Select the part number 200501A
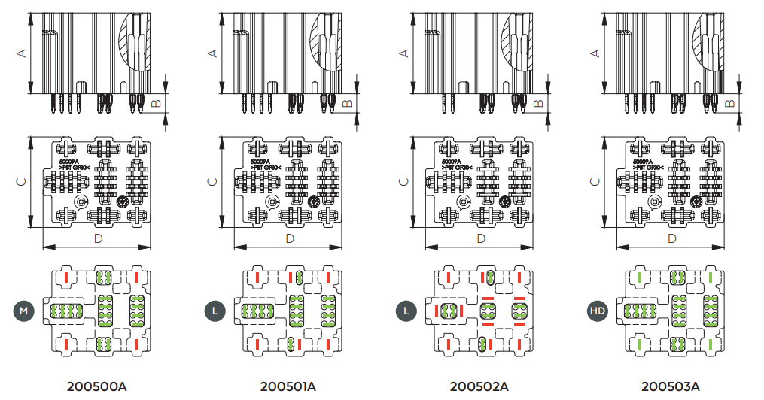tap(288, 387)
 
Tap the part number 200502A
tap(479, 387)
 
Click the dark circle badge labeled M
tap(23, 310)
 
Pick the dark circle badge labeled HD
tap(597, 310)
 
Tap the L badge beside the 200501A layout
tap(215, 310)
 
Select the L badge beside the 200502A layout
tap(406, 310)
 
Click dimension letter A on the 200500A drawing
tap(20, 53)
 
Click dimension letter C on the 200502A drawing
tap(403, 182)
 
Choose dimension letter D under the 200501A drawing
tap(290, 238)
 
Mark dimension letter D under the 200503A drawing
tap(672, 238)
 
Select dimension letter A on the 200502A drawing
tap(403, 53)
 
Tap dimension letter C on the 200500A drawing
tap(20, 182)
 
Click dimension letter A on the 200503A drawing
tap(595, 53)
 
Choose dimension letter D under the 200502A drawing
tap(481, 238)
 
